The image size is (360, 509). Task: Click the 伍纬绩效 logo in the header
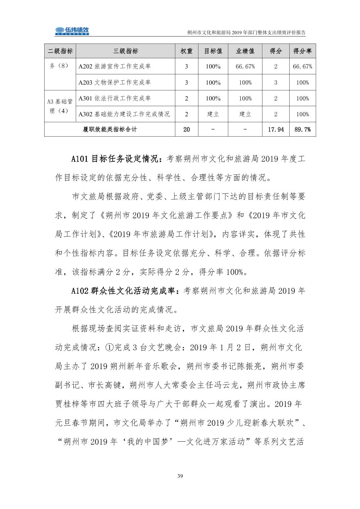click(x=72, y=31)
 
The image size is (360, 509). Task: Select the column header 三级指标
click(x=126, y=51)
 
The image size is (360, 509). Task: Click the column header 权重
click(x=186, y=51)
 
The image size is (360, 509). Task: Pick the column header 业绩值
click(x=245, y=51)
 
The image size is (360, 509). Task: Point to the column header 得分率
click(x=302, y=51)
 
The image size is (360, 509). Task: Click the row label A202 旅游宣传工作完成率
click(x=115, y=66)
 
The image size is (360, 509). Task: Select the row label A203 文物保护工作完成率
click(x=115, y=82)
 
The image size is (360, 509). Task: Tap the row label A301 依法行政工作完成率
click(x=115, y=98)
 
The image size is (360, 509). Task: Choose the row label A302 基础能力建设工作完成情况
click(x=124, y=114)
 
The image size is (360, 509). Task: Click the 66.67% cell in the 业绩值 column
click(x=245, y=66)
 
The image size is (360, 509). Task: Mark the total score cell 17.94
click(x=276, y=129)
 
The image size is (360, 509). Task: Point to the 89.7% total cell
click(x=302, y=129)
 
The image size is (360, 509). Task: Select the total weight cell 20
click(x=186, y=129)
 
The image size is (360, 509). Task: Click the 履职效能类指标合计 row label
click(x=110, y=129)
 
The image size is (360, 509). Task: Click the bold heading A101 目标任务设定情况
click(x=115, y=159)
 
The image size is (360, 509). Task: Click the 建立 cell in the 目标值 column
click(x=213, y=114)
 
